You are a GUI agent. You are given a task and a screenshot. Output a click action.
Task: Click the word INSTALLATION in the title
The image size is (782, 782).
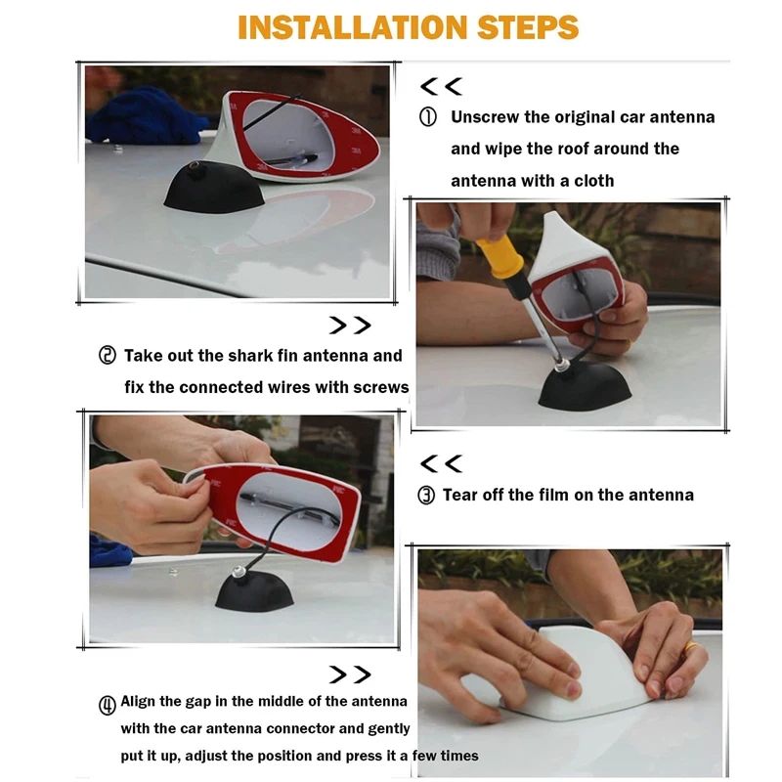click(353, 27)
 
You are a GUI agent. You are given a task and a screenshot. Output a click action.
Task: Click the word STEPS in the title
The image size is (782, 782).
click(528, 27)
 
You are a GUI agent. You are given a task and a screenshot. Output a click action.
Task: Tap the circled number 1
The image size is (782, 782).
click(428, 117)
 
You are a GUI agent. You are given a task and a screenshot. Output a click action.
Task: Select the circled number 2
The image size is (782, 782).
click(108, 356)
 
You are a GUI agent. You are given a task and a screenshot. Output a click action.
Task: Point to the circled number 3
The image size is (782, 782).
click(426, 496)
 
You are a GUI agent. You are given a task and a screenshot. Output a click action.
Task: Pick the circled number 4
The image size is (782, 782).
click(108, 705)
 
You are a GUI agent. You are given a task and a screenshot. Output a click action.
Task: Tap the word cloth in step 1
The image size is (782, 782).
click(594, 181)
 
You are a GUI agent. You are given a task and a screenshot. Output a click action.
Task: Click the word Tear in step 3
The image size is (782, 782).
click(458, 495)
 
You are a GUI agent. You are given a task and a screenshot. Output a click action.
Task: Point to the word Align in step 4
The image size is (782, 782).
click(137, 702)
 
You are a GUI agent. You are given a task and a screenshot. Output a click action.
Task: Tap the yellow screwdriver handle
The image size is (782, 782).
click(501, 258)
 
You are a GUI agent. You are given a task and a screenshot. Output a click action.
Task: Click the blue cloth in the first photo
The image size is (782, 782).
click(144, 116)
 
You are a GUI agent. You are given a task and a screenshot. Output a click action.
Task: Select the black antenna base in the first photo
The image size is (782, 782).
click(214, 187)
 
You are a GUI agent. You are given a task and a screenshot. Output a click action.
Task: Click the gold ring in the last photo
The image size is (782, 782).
click(692, 647)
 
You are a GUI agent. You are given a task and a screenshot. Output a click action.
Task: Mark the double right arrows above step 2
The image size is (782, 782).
click(350, 326)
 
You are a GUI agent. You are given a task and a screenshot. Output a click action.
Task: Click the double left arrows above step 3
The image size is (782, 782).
click(442, 463)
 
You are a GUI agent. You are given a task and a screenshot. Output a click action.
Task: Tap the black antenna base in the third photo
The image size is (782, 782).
click(255, 591)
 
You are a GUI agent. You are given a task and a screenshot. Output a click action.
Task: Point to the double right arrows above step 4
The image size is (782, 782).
click(350, 674)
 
